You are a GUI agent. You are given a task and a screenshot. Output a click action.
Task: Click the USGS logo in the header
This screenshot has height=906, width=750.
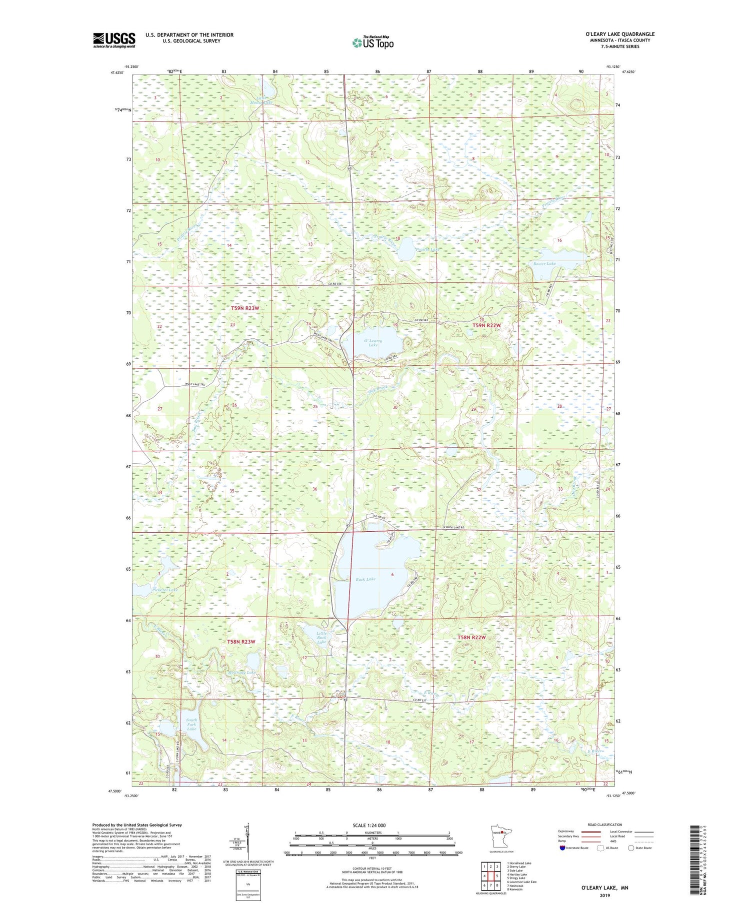tap(114, 40)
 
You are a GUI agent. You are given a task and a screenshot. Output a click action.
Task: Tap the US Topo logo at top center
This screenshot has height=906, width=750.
tap(372, 43)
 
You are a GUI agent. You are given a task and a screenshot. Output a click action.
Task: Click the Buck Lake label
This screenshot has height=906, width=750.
tap(365, 579)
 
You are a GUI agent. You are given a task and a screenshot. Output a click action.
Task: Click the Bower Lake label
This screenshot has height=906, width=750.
tap(544, 263)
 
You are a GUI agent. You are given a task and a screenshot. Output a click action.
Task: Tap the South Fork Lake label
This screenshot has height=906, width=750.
tap(192, 725)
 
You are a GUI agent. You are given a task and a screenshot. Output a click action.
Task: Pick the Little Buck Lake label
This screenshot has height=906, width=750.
tap(321, 638)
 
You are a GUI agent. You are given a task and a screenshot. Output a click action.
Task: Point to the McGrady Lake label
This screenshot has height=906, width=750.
tap(241, 672)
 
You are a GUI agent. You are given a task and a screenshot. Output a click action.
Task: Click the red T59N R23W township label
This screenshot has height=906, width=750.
tap(245, 308)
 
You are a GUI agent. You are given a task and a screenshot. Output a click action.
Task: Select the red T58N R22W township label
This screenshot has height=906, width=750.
tap(471, 637)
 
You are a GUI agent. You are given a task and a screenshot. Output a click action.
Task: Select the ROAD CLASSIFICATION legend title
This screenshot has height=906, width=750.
tap(604, 825)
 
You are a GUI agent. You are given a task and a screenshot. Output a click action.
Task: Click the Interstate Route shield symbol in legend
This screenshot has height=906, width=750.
tap(563, 848)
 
